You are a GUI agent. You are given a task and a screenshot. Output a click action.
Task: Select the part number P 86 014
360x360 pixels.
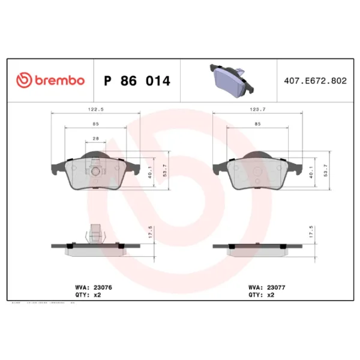137,80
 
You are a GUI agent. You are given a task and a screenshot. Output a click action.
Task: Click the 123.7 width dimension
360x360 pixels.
257,109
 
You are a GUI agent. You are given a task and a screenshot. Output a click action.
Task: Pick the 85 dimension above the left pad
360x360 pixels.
95,124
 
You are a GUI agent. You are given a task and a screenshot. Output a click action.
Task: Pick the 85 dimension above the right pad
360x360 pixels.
257,124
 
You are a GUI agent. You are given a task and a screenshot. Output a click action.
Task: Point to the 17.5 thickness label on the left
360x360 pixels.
150,232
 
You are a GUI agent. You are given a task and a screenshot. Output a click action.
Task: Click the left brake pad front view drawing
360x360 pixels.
96,173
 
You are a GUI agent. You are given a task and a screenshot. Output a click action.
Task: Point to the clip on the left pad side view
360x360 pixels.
94,233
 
